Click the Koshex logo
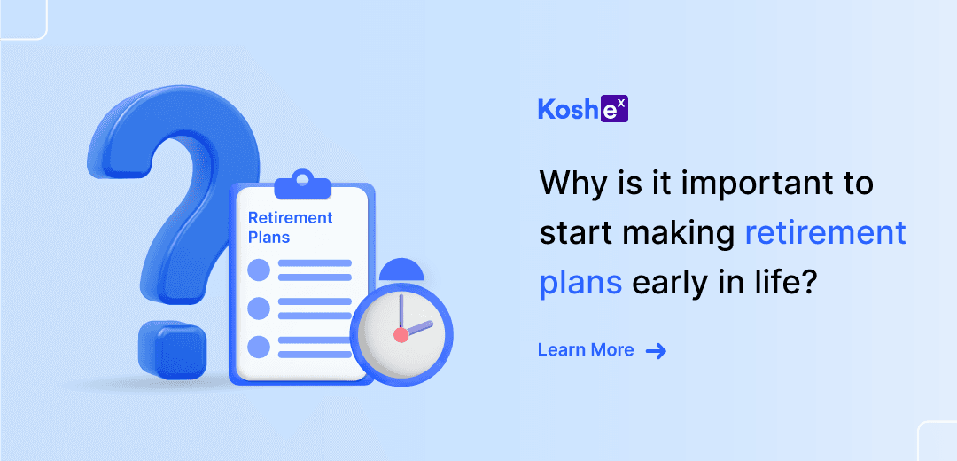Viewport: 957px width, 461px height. point(583,110)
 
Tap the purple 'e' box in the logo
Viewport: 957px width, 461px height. point(615,110)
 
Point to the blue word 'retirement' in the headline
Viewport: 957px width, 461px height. point(826,234)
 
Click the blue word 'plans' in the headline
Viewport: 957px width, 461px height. point(580,284)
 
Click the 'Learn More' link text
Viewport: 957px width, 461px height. point(586,350)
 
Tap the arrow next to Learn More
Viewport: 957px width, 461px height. point(656,350)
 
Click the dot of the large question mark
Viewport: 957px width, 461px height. point(172,349)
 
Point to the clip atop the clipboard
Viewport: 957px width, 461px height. point(302,184)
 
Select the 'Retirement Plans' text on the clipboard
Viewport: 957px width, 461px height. point(290,227)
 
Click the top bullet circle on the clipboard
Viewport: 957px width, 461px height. point(259,270)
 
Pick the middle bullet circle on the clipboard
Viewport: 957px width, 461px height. point(259,309)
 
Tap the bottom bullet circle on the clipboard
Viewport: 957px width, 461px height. point(259,347)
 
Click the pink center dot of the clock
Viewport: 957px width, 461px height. point(401,334)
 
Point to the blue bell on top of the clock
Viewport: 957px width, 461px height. point(401,270)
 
